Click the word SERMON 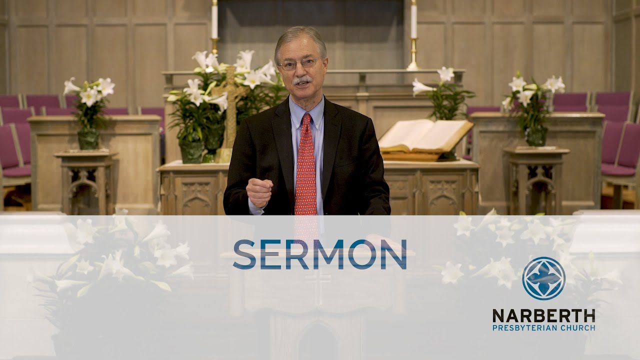(319, 254)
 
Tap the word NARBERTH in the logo (543, 315)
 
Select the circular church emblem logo (543, 278)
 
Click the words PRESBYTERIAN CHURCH (543, 328)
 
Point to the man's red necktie (305, 165)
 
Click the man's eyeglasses (299, 64)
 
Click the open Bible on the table (425, 136)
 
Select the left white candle (214, 20)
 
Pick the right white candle (413, 20)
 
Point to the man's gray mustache (302, 80)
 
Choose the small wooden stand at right (536, 180)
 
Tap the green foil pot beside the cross (193, 151)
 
